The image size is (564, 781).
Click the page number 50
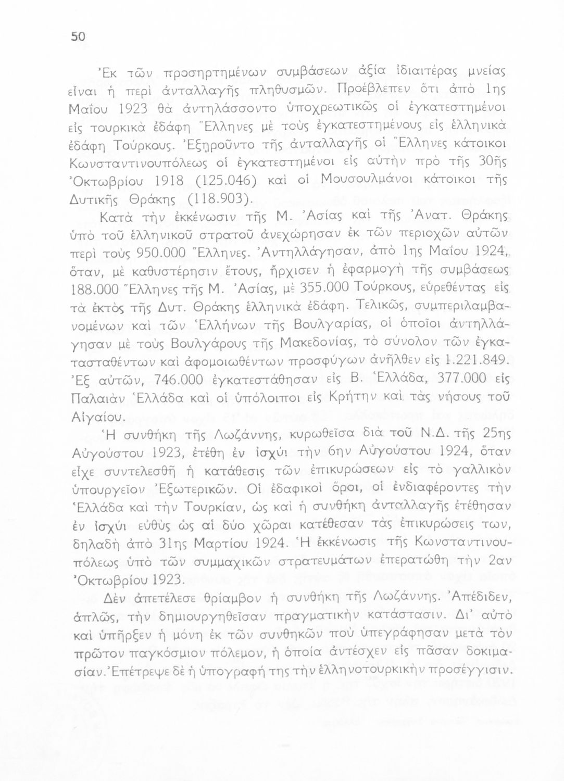78,36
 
